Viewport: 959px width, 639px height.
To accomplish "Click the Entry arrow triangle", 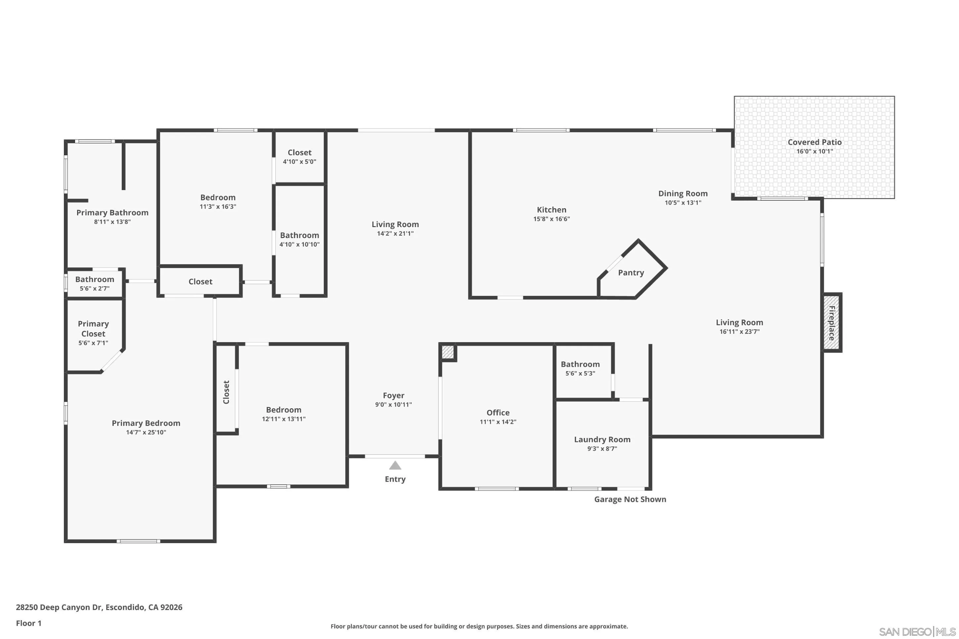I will coord(395,465).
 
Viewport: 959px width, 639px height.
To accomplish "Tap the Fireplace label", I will coord(831,323).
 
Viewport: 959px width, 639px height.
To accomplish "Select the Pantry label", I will coord(631,273).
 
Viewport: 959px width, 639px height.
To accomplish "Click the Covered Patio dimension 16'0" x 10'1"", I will coord(814,151).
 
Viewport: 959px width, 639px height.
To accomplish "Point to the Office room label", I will coord(498,413).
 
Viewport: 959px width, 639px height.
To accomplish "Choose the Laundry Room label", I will coord(602,439).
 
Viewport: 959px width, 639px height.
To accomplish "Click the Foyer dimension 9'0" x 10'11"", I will coord(393,404).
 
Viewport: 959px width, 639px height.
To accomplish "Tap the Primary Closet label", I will coord(93,329).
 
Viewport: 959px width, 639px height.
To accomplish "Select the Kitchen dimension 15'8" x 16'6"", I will coord(551,219).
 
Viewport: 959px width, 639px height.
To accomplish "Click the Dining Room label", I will coord(683,194).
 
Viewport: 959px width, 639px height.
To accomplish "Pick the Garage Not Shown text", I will coord(630,499).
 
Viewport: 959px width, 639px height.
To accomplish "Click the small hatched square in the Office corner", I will coord(447,352).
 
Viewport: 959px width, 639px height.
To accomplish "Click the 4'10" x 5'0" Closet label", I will coord(299,152).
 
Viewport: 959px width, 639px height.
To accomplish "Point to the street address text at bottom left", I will coord(99,607).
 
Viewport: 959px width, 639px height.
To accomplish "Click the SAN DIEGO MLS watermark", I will coord(917,632).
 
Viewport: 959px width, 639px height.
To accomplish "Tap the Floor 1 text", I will coord(28,623).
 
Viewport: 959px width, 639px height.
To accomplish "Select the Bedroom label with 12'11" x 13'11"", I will coord(284,410).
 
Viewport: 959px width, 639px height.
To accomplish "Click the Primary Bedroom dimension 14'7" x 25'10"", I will coord(146,432).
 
